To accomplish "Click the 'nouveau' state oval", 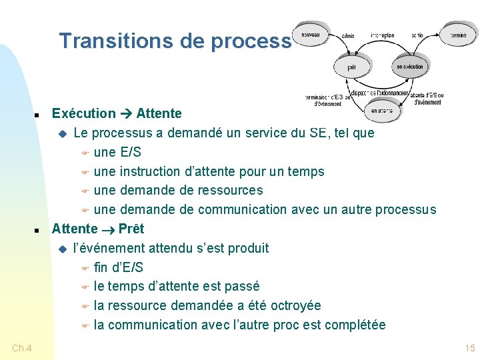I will tap(311, 35).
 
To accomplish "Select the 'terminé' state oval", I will tap(458, 35).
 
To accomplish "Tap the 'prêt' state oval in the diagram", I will tap(352, 67).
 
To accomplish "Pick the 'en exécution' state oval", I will tap(410, 67).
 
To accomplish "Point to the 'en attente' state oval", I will tap(383, 111).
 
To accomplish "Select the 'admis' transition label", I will tap(348, 35).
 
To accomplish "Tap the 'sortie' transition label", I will tap(417, 35).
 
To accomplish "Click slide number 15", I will tap(469, 348).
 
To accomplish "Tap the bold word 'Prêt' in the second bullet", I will tap(131, 229).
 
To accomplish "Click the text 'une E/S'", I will tap(117, 152).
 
